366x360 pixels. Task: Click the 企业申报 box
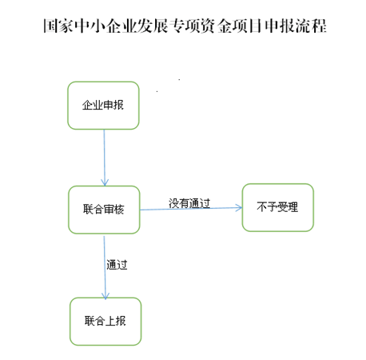[103, 106]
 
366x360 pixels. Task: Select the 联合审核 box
[104, 210]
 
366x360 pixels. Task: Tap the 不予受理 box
[278, 207]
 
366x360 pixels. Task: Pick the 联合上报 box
[105, 322]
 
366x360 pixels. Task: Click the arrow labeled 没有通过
[191, 209]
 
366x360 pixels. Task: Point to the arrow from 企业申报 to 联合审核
[105, 158]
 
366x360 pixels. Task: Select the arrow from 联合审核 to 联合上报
[105, 267]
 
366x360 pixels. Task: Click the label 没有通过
[189, 203]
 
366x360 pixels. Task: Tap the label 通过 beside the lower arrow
[117, 265]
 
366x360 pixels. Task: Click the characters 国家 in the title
[58, 26]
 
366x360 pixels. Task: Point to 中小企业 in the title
[105, 26]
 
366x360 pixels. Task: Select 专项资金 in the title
[201, 26]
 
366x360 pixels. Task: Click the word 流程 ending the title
[311, 26]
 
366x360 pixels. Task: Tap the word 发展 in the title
[153, 26]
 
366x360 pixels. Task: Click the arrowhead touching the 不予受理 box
[239, 207]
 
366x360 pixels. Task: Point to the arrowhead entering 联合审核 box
[105, 182]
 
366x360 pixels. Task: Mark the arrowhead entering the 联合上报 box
[105, 296]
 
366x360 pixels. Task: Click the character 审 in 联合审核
[109, 210]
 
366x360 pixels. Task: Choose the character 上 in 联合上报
[110, 321]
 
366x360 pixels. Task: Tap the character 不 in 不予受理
[262, 207]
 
